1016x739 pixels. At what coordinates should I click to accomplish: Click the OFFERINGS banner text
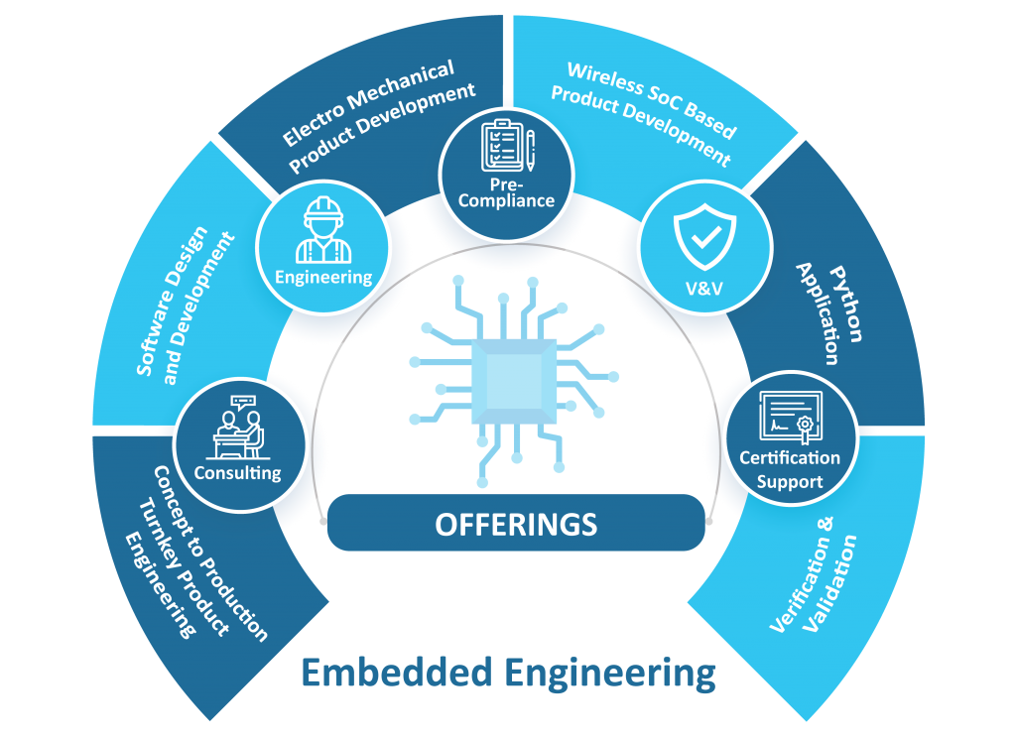click(516, 523)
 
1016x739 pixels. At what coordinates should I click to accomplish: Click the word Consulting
click(237, 472)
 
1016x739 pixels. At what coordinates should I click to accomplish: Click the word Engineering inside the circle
click(323, 277)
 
